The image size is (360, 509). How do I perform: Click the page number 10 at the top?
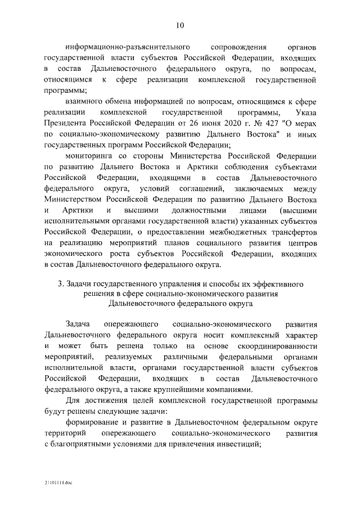pyautogui.click(x=179, y=25)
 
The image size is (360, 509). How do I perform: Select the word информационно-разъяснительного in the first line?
pyautogui.click(x=125, y=47)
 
